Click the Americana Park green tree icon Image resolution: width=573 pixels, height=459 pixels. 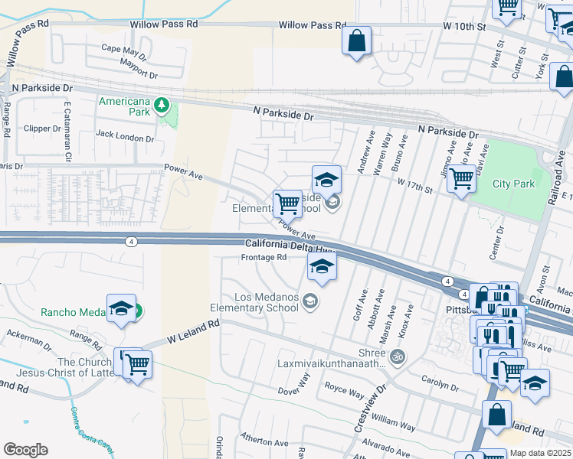[162, 104]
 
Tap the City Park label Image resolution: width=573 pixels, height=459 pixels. [512, 184]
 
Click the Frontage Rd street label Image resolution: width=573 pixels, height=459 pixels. [264, 257]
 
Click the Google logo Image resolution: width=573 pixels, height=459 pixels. [25, 449]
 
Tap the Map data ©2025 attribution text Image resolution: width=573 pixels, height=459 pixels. [540, 453]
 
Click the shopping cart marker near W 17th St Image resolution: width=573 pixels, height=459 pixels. [460, 180]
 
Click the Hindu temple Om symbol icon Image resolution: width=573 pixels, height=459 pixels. [398, 356]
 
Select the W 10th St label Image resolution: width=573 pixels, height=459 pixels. [464, 26]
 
